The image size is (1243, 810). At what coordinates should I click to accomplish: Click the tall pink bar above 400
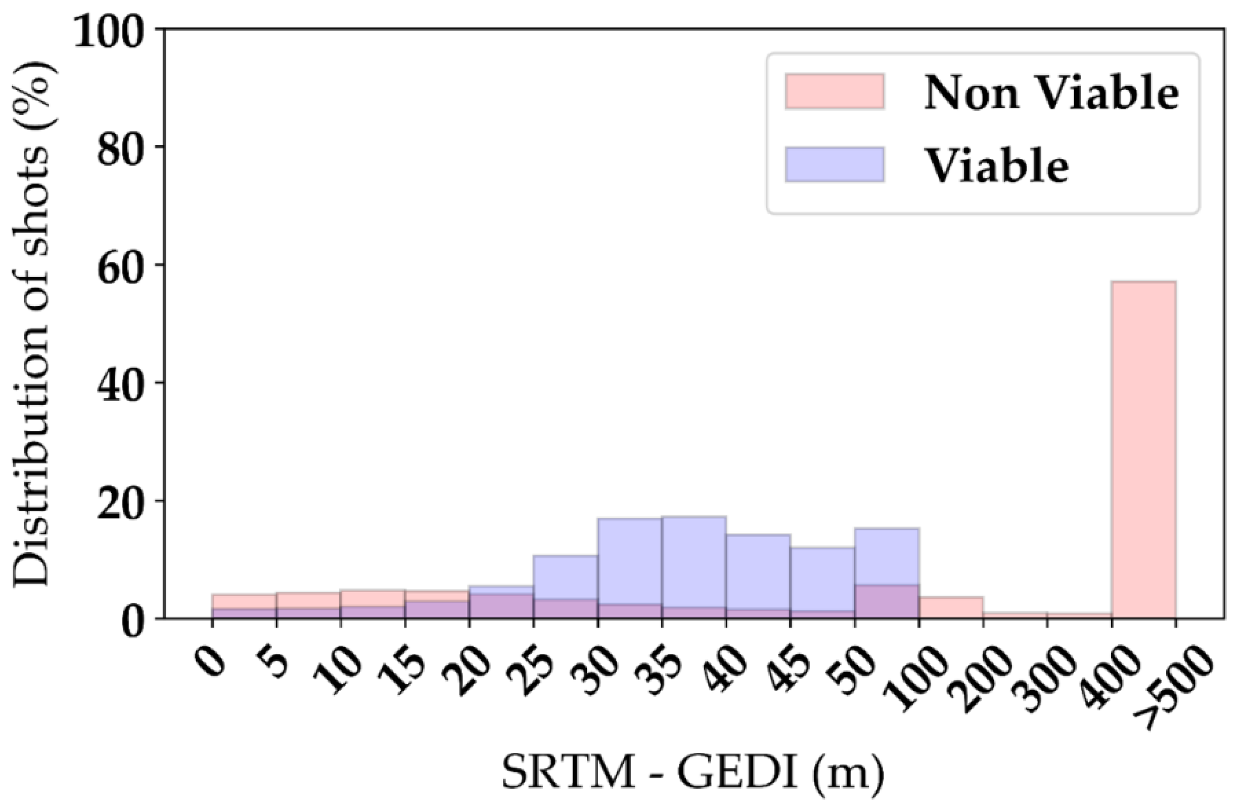click(1144, 449)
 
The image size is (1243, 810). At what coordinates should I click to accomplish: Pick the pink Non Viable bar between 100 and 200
click(951, 607)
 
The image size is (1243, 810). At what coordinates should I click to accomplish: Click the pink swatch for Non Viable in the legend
click(834, 92)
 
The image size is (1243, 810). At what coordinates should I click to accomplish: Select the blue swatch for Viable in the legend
click(834, 164)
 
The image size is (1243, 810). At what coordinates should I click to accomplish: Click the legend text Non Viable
click(1051, 93)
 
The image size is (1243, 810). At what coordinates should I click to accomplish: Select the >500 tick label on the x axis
click(1173, 692)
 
